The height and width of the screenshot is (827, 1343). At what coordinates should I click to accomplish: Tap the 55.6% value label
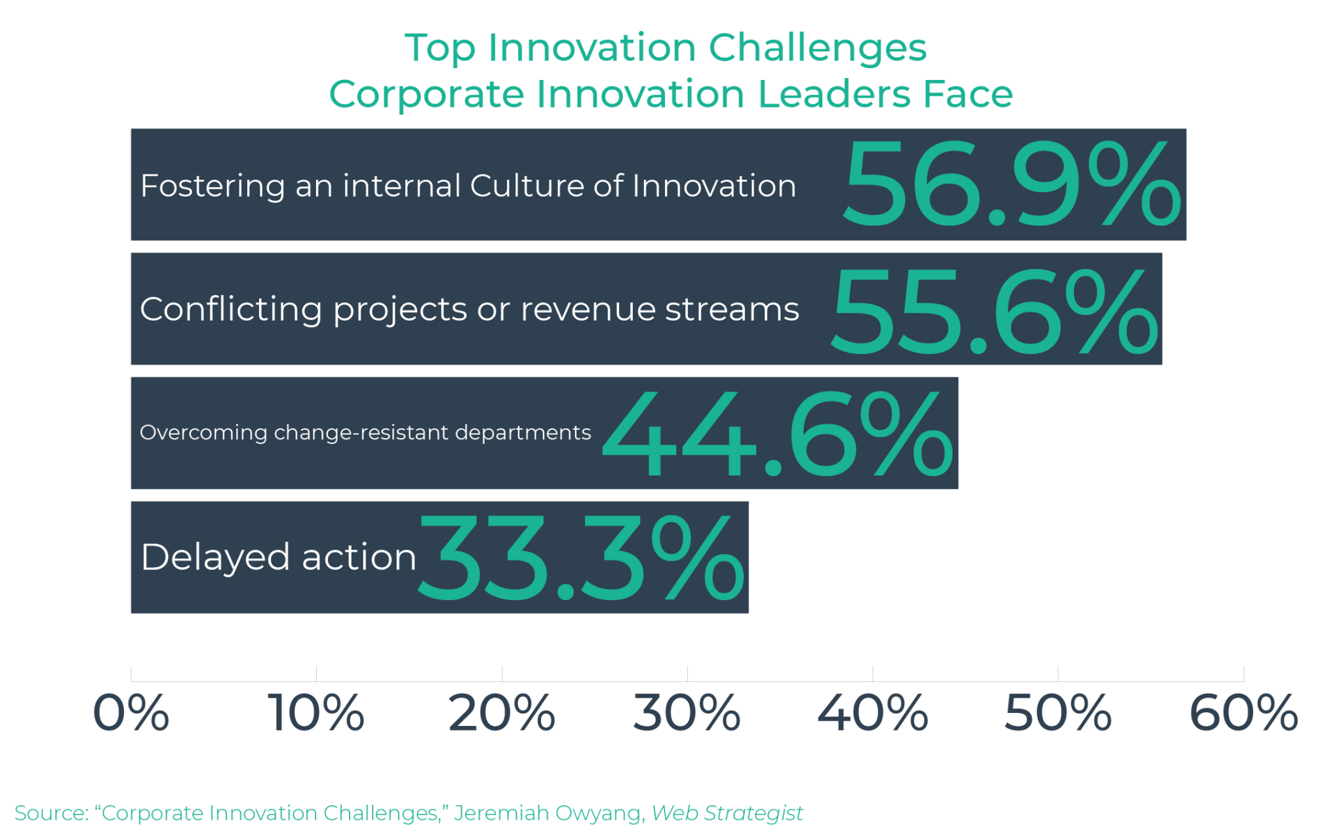coord(995,311)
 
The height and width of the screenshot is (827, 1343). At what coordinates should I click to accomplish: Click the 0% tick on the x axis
coord(131,713)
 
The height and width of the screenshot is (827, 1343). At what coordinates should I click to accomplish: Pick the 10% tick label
coord(316,713)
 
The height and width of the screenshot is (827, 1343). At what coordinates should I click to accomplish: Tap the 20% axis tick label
coord(502,713)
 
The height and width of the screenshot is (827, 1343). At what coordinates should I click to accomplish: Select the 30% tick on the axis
coord(687,713)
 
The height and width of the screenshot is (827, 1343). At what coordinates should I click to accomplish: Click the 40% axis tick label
coord(873,713)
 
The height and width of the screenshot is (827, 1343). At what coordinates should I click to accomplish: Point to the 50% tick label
coord(1058,713)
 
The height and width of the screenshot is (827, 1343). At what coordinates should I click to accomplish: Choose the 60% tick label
coord(1244,713)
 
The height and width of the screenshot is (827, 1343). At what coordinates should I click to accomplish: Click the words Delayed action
coord(279,557)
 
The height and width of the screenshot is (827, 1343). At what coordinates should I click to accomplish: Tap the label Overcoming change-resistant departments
coord(365,433)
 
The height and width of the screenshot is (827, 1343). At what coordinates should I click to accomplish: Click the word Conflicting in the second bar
coord(231,309)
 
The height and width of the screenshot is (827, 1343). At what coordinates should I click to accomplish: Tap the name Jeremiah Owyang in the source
coord(548,813)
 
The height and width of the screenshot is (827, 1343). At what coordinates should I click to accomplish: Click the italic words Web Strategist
coord(727,813)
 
